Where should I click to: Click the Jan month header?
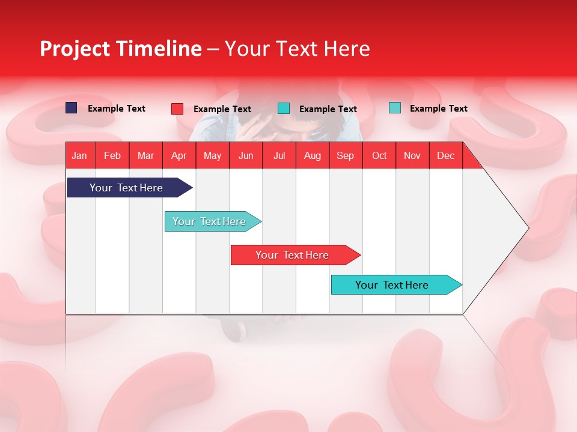coord(79,156)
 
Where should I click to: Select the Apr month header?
coord(179,156)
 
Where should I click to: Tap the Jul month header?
coord(279,156)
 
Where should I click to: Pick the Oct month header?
coord(379,156)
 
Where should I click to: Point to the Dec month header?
coord(445,156)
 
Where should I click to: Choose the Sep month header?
coord(346,156)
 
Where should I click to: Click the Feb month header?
coord(112,156)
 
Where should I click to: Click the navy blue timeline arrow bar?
coord(130,187)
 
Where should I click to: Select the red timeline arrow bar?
coord(296,255)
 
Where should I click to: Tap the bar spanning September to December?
coord(397,284)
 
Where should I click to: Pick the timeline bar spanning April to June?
coord(213,221)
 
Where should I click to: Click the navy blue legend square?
coord(72,108)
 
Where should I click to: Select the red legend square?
coord(177,109)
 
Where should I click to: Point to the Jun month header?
coord(246,156)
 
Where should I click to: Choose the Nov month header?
coord(412,156)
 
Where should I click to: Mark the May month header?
coord(212,156)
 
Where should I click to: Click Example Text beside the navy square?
coord(117,109)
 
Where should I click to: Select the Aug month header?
coord(313,156)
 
